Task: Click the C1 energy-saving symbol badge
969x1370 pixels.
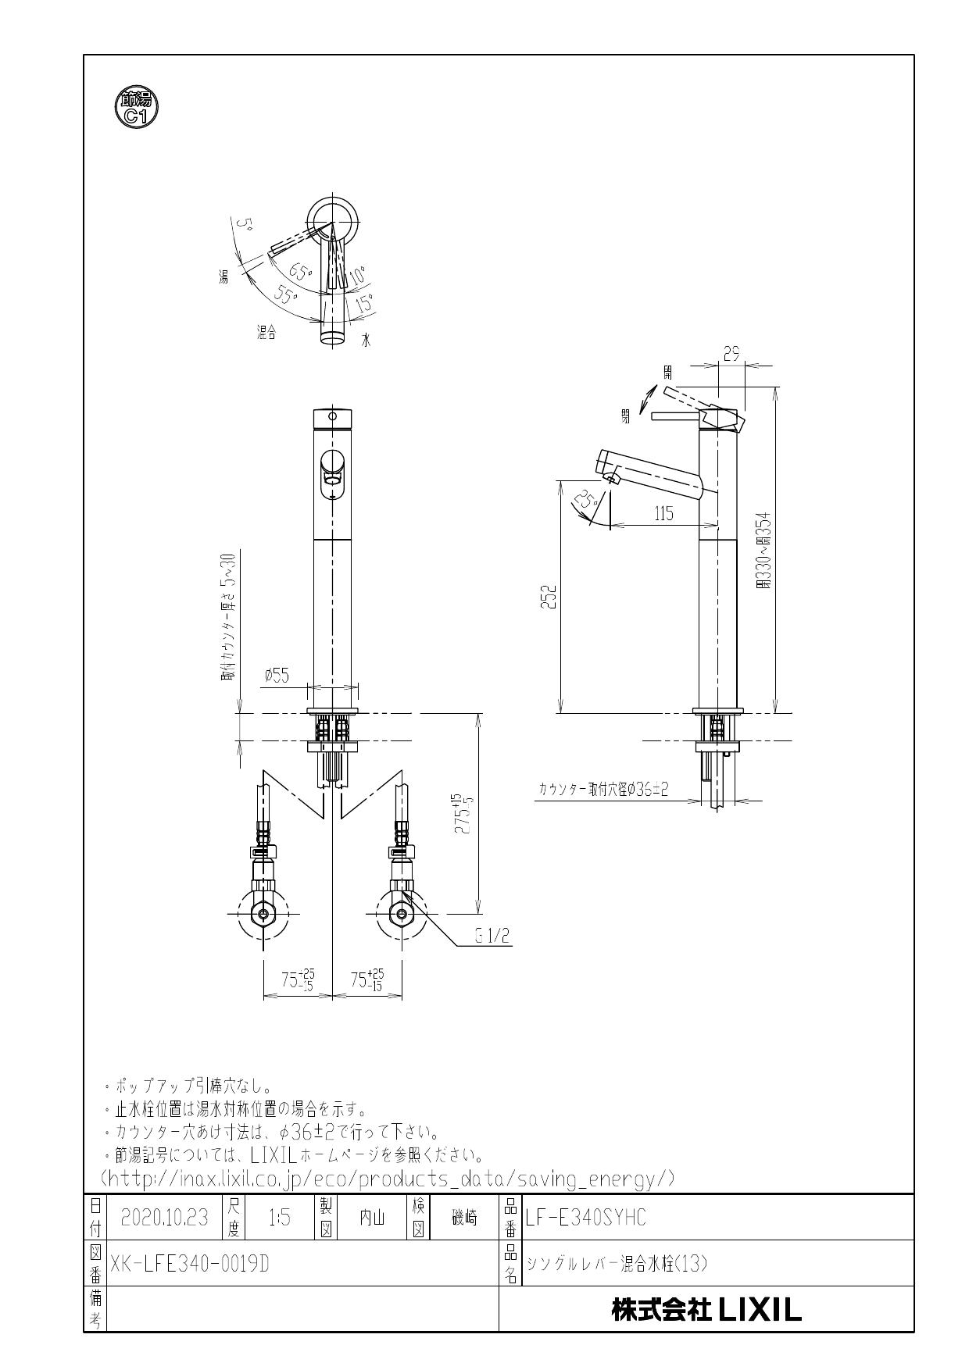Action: click(136, 108)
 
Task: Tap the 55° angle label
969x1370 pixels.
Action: click(287, 296)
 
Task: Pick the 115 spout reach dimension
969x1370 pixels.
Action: click(663, 513)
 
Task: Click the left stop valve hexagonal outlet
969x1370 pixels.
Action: click(265, 914)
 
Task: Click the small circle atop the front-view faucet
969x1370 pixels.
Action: click(333, 416)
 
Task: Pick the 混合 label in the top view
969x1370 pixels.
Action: click(266, 332)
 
